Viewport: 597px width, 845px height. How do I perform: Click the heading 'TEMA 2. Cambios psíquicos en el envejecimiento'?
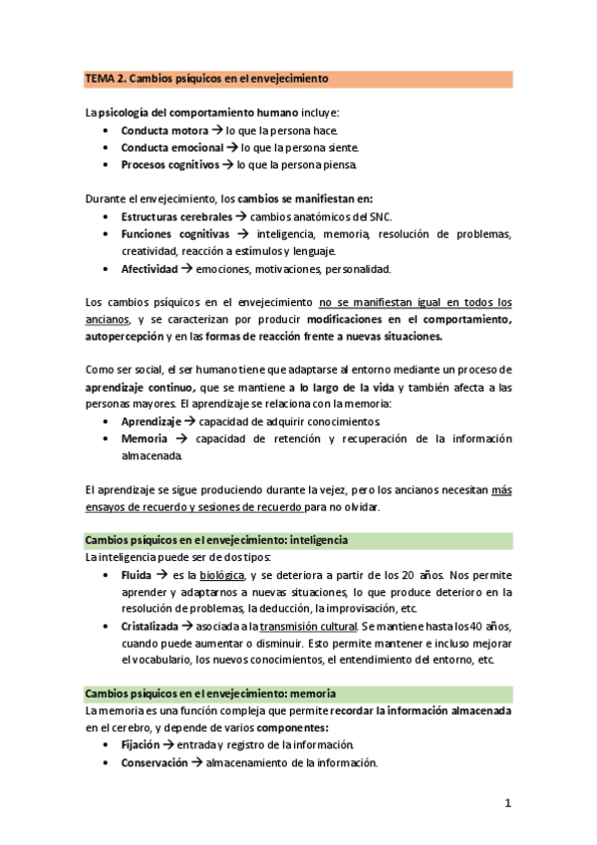coord(206,78)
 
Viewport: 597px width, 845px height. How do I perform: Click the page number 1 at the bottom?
coord(507,804)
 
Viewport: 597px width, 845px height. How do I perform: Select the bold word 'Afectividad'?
coord(149,269)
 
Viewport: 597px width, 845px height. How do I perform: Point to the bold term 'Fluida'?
coord(138,575)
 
